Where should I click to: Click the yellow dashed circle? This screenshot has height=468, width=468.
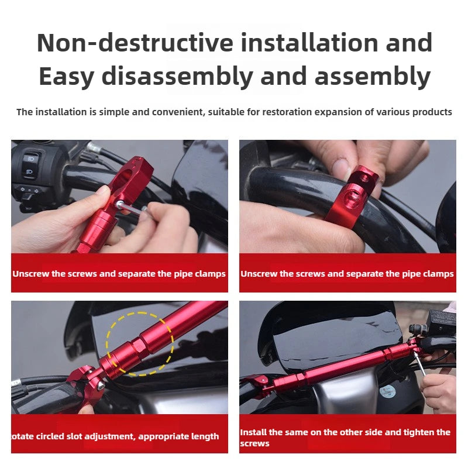(140, 343)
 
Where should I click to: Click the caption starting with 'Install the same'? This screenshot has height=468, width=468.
(345, 438)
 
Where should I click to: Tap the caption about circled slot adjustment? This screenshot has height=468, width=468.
(115, 436)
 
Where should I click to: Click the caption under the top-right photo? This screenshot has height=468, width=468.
(347, 274)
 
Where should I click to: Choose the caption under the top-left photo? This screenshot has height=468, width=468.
(119, 274)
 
